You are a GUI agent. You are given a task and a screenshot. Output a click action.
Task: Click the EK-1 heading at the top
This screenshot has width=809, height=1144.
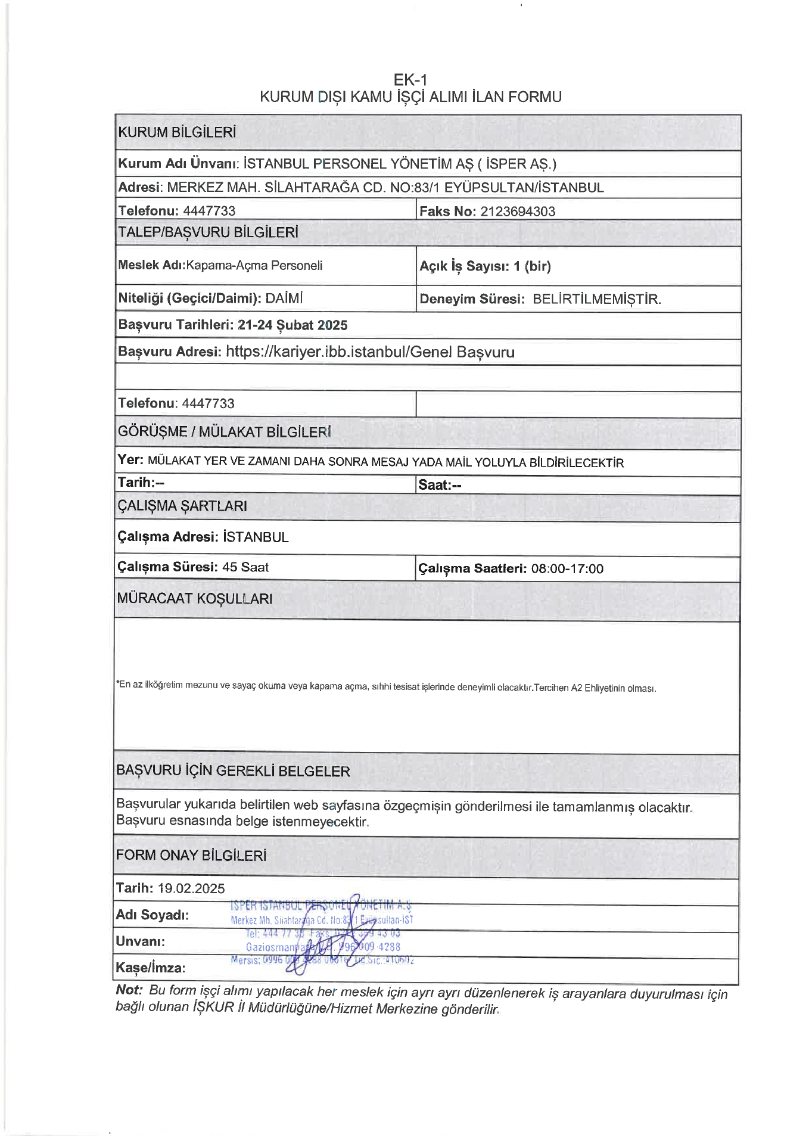coord(410,79)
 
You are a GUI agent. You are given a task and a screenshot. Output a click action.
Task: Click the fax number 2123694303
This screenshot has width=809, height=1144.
coord(517,211)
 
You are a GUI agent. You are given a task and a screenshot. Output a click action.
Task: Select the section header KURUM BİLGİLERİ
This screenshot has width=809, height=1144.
coord(177,132)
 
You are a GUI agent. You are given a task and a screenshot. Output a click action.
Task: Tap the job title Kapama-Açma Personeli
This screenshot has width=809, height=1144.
coord(254,265)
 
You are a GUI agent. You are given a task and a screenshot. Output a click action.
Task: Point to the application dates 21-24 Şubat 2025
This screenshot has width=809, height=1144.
coord(292,325)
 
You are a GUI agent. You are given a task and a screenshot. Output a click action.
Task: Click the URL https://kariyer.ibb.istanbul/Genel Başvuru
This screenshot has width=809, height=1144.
coord(370,352)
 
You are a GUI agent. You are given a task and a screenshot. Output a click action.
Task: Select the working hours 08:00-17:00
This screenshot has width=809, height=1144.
coord(567,568)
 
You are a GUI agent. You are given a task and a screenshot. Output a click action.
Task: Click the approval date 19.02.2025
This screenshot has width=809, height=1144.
coord(191,888)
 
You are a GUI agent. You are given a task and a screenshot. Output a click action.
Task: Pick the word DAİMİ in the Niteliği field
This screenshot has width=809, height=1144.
coord(284,298)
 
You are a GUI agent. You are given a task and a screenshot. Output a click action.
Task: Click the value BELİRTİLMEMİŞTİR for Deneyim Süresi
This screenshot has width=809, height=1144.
coord(596,299)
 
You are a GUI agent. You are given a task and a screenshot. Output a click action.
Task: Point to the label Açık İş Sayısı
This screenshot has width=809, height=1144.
coord(463,266)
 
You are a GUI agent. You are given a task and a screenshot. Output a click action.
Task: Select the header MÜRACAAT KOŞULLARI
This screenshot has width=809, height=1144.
coord(195,598)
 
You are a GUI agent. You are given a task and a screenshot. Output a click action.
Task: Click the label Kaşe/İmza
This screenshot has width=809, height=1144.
coord(151,968)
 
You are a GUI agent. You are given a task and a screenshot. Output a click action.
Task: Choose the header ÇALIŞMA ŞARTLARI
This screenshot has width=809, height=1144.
coord(182,506)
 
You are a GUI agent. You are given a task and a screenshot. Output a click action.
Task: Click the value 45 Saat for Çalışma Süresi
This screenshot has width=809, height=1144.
coord(245,567)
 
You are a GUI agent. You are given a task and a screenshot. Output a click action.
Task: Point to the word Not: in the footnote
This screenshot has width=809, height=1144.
coord(129,990)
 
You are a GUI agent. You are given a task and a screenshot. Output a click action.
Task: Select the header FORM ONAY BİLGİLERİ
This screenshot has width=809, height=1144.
coord(191,855)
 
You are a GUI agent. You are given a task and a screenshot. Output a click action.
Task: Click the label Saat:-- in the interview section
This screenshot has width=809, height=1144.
coord(440,484)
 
